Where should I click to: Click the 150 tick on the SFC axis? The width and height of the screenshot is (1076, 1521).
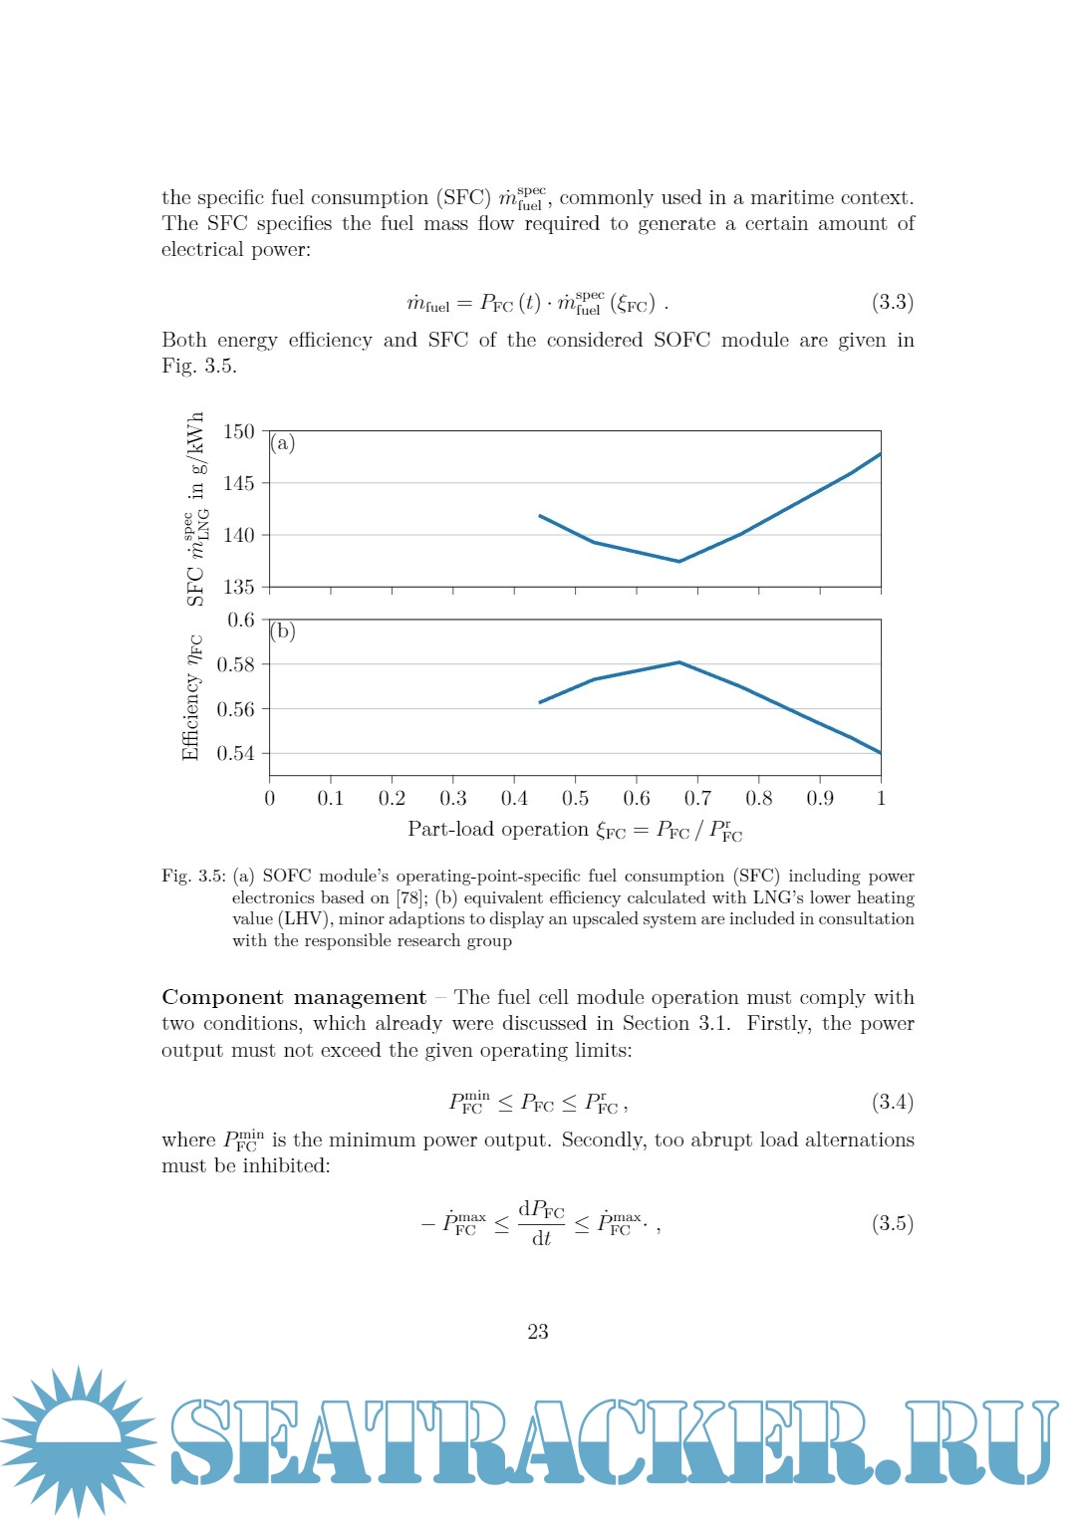pos(239,431)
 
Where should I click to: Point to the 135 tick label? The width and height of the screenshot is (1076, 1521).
pos(239,587)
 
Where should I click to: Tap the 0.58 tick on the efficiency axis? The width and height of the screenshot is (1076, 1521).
pos(236,664)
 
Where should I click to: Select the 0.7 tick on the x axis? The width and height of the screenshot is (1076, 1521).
pos(697,798)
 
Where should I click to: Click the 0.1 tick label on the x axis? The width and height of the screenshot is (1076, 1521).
pos(330,798)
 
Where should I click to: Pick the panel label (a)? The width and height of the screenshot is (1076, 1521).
pos(283,443)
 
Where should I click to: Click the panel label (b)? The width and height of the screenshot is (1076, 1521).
pos(283,631)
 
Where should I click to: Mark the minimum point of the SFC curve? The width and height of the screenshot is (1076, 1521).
pos(679,562)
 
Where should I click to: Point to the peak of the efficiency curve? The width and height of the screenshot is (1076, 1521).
pos(679,662)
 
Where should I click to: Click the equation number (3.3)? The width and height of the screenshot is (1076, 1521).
pos(893,302)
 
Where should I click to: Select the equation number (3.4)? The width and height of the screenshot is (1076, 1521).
pos(893,1102)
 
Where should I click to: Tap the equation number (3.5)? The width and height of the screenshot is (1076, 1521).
pos(893,1223)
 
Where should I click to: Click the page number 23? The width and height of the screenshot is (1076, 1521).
pos(538,1332)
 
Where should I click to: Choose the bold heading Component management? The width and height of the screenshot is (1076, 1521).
pos(294,997)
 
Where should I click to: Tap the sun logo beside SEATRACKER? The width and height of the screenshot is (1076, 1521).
pos(78,1440)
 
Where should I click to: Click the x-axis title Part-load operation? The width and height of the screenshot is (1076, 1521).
pos(498,829)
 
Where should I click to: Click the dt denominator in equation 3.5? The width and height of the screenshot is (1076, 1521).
pos(541,1238)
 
